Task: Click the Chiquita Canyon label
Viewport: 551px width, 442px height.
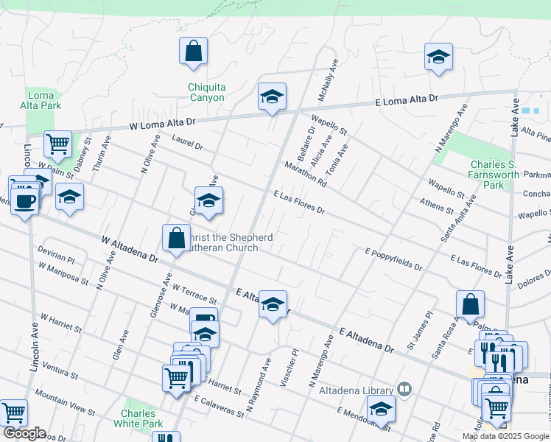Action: click(x=206, y=92)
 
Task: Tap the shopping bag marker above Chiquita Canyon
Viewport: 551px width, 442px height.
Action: click(x=193, y=52)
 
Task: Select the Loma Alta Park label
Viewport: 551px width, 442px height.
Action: click(x=43, y=100)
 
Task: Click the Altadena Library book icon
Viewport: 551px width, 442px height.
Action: click(x=404, y=387)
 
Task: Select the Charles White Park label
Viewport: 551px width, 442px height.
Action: click(x=138, y=418)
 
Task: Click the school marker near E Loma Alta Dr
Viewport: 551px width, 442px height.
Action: click(x=272, y=97)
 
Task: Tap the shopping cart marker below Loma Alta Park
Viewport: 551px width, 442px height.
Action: click(x=57, y=144)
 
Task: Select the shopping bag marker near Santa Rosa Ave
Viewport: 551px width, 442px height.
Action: click(x=470, y=305)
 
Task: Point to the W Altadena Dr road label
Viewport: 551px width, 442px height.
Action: click(x=130, y=250)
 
